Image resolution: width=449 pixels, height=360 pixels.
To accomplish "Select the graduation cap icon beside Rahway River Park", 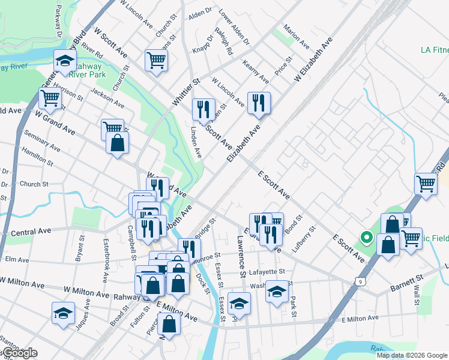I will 64,61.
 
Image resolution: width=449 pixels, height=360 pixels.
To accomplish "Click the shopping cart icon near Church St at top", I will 155,60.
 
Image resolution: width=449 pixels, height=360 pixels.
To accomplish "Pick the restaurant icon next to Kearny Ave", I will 259,103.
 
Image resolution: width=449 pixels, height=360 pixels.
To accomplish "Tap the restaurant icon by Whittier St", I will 203,109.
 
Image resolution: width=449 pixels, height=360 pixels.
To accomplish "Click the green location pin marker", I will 365,238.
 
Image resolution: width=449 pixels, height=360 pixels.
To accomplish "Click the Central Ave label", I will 31,231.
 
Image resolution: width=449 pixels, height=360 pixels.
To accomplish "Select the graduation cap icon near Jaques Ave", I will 63,313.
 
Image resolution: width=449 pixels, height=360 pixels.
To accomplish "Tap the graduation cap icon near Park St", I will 276,292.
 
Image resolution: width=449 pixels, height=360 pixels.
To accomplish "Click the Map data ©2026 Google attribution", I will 411,355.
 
